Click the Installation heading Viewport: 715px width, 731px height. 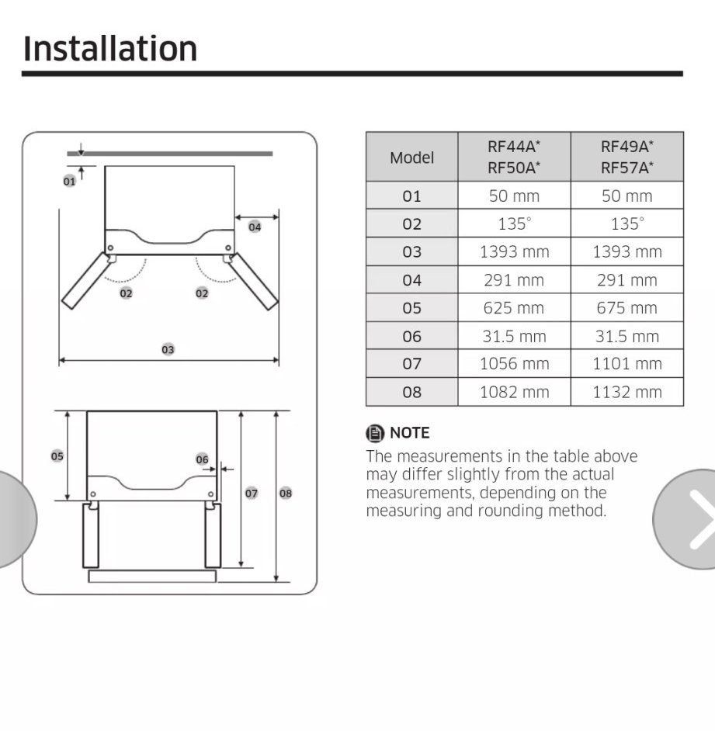pos(110,49)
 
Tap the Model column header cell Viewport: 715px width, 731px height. pos(411,157)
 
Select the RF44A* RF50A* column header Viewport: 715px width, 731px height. pos(514,157)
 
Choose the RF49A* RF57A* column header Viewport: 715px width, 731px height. pos(626,157)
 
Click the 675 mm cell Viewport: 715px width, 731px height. pos(626,308)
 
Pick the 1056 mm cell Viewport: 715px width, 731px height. pos(514,364)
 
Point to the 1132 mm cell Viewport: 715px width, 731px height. pos(626,392)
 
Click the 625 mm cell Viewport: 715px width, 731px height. pos(514,308)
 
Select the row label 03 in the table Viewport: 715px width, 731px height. pos(411,251)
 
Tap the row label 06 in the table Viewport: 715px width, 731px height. pos(411,336)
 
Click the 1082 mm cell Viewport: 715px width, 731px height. pos(514,392)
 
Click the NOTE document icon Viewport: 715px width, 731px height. pos(375,433)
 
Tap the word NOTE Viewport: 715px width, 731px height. pos(409,433)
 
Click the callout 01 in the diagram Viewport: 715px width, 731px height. pos(69,182)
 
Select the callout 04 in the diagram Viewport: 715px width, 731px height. pos(255,227)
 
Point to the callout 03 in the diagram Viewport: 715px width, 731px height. pos(168,349)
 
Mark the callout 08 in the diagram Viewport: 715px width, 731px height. pos(286,494)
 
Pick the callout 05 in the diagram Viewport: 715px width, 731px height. pos(57,456)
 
